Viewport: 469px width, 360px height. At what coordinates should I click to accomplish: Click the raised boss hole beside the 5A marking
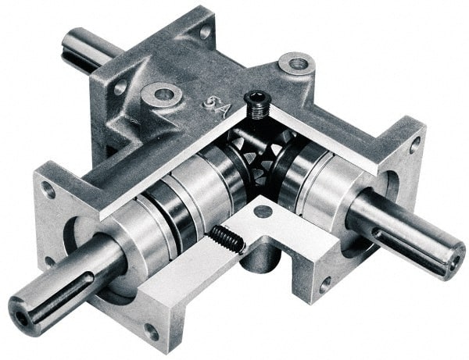pos(163,94)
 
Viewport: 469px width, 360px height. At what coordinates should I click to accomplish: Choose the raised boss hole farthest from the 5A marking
pos(297,62)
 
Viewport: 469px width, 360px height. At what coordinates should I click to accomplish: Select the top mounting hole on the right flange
pos(414,145)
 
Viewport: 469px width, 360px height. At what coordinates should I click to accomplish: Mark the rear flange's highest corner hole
pos(205,32)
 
